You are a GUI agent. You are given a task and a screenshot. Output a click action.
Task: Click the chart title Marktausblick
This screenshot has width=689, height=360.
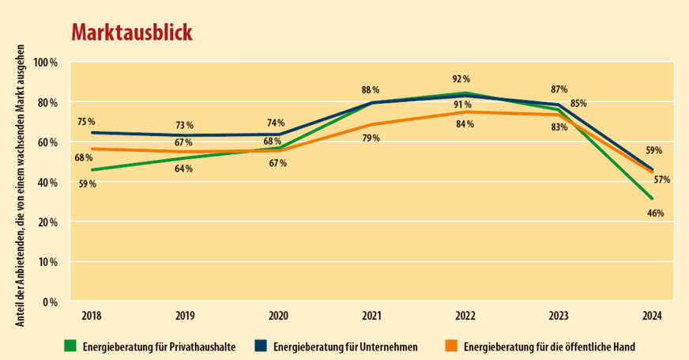tap(131, 32)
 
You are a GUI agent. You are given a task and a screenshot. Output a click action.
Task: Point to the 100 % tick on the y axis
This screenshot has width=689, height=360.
tap(47, 63)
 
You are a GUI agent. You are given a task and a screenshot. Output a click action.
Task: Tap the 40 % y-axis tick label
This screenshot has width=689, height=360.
tap(48, 182)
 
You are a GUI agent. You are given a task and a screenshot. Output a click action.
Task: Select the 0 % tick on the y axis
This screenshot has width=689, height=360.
tap(51, 301)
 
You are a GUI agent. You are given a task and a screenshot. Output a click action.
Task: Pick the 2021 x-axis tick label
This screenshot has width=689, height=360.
tap(371, 316)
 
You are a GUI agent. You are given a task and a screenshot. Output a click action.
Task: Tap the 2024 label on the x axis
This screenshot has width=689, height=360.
tap(651, 316)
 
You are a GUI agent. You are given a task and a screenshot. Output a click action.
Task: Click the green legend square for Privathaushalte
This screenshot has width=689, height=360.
tap(70, 346)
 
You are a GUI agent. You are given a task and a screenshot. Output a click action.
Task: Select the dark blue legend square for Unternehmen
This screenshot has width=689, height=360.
tap(260, 346)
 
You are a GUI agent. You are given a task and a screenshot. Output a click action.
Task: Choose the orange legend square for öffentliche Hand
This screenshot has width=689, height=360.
tap(451, 346)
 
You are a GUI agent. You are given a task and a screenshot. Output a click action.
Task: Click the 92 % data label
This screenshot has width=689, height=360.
tap(461, 79)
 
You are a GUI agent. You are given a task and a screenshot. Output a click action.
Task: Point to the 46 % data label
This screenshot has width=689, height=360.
tap(655, 214)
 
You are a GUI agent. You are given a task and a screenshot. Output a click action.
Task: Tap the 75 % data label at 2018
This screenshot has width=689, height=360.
tap(86, 122)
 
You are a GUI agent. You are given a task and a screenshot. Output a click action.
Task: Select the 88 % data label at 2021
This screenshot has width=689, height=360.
tap(371, 90)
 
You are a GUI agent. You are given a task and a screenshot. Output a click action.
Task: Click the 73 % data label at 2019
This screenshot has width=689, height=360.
tap(184, 126)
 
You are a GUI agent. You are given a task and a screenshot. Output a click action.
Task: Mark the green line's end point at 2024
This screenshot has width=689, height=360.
tap(652, 198)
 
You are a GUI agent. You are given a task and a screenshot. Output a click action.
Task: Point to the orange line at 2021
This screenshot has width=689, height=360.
tap(371, 124)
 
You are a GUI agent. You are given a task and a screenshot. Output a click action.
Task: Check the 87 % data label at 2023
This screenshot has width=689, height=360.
tap(559, 89)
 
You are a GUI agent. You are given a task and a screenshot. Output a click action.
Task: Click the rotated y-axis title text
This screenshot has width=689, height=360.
tap(21, 181)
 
